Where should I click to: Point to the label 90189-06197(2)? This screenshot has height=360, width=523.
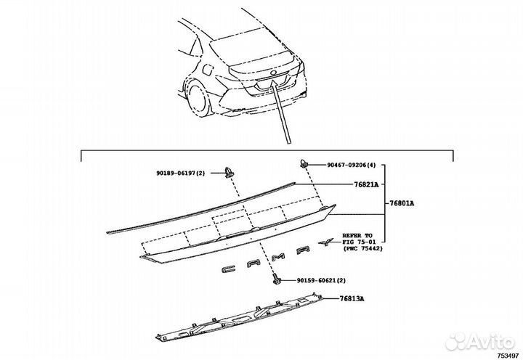click(181, 173)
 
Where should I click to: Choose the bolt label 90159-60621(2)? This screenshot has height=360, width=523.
click(320, 279)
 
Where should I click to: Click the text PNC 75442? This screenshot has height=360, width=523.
click(370, 249)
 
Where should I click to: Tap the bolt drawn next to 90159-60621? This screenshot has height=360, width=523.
click(278, 279)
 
